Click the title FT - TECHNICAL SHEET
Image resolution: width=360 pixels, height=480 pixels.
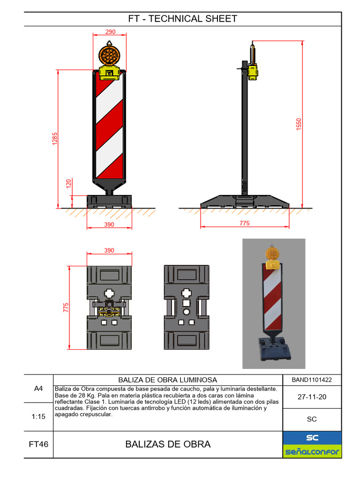tap(182, 19)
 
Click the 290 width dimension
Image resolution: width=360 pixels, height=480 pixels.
tap(110, 32)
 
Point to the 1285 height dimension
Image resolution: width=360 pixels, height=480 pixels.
tap(55, 139)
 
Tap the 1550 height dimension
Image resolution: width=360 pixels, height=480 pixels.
tap(299, 124)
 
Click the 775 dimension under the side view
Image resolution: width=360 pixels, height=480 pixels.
tap(245, 224)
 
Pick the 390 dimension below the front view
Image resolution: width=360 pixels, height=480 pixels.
tap(109, 225)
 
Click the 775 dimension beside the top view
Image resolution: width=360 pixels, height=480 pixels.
tap(66, 307)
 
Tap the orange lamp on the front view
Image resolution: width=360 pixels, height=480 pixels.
tap(110, 54)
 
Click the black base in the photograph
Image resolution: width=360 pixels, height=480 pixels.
tap(271, 349)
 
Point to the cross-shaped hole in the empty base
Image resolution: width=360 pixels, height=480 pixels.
tap(187, 294)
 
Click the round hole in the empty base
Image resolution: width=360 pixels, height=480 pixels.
tap(187, 312)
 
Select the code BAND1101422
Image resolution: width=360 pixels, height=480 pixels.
tap(312, 380)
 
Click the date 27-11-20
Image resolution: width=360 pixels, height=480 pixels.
tap(312, 397)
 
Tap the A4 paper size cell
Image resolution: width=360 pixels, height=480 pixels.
tap(38, 389)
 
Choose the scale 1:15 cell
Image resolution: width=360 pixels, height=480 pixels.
tap(38, 416)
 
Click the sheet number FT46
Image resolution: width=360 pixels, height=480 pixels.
tap(38, 444)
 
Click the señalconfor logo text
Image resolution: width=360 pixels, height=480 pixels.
tap(312, 452)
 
